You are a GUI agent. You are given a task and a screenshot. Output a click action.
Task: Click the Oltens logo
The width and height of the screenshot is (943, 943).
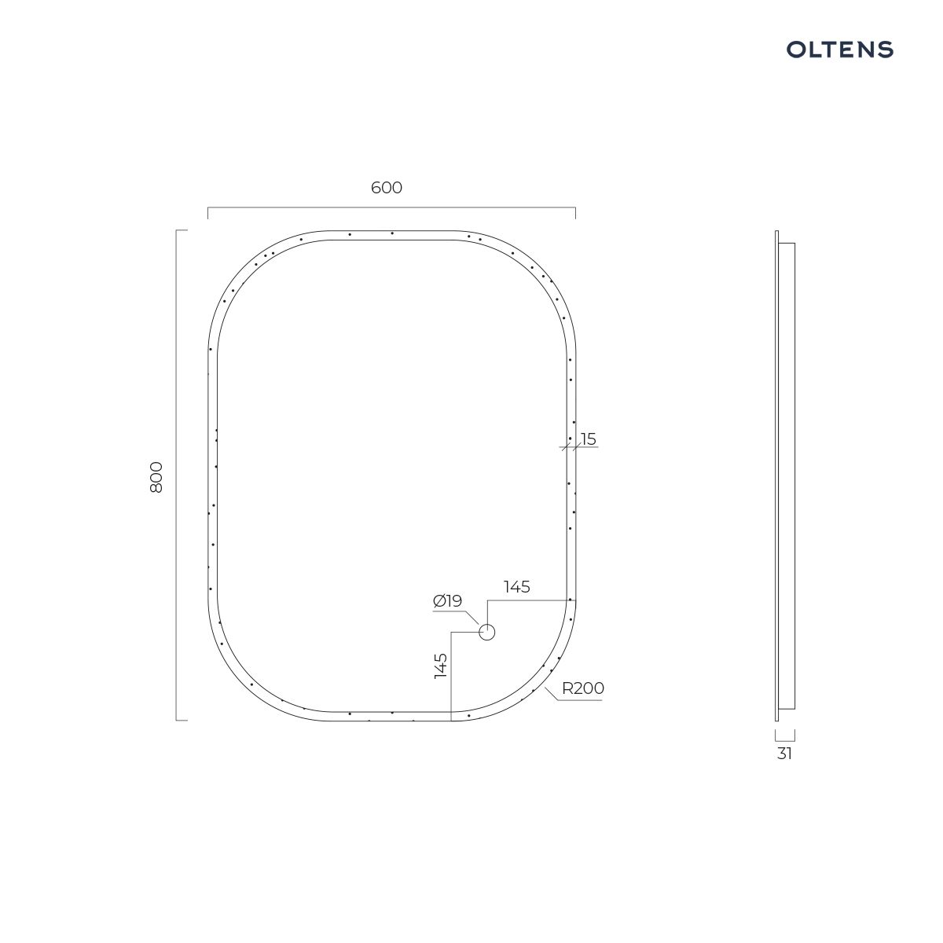(x=839, y=50)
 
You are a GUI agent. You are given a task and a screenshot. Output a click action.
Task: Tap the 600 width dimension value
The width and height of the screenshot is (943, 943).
(x=386, y=188)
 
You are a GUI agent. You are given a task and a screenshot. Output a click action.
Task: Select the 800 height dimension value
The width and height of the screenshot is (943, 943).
(x=156, y=477)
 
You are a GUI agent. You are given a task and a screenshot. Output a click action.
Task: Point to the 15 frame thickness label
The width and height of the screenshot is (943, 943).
(x=589, y=439)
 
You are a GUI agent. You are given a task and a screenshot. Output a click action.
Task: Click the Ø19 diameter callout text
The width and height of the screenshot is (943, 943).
(x=447, y=600)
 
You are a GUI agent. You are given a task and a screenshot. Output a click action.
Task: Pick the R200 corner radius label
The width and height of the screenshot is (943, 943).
(x=583, y=688)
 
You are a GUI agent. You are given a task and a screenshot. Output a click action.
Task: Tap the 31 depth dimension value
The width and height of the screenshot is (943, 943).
(x=784, y=754)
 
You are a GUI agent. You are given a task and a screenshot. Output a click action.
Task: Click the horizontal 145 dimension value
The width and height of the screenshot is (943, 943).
(x=517, y=586)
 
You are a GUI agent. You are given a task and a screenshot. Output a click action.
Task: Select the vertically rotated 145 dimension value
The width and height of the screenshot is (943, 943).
(x=440, y=666)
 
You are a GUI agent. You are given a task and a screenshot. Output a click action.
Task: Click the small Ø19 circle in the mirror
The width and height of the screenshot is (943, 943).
(x=487, y=633)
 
